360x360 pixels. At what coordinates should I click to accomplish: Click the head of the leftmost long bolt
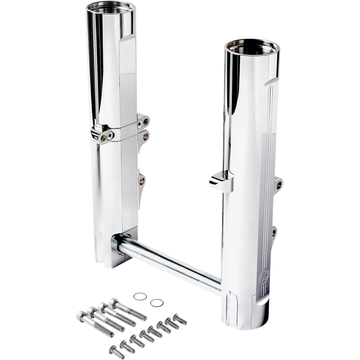81,315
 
